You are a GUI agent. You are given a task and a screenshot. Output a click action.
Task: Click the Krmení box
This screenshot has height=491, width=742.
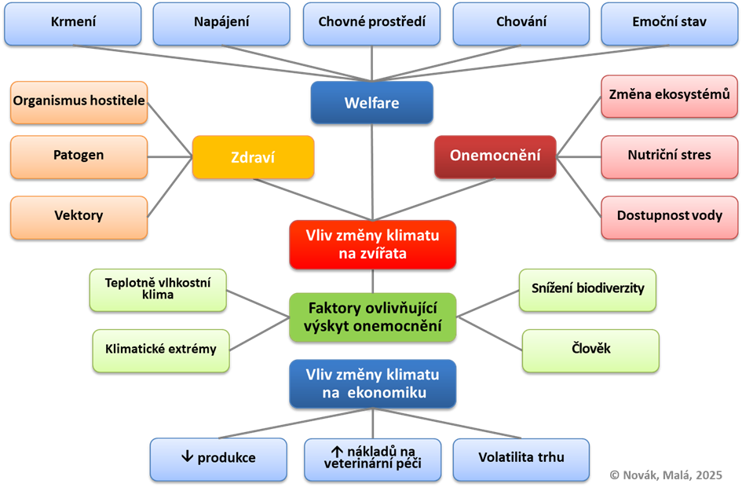(73, 23)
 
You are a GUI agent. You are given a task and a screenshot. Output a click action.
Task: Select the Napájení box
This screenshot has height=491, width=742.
(221, 23)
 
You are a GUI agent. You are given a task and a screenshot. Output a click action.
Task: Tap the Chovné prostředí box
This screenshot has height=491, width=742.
(372, 23)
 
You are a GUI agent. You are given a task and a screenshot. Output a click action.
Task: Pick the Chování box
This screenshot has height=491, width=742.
(521, 23)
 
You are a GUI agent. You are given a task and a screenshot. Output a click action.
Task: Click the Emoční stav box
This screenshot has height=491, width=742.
(669, 23)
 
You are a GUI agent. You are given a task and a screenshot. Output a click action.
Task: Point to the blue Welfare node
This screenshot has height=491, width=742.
(371, 103)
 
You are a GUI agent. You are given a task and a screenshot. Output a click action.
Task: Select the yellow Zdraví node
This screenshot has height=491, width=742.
(253, 156)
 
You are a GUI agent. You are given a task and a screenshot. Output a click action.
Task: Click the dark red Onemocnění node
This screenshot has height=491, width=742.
(495, 156)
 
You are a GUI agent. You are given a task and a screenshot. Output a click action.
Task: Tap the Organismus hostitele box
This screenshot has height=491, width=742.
(79, 102)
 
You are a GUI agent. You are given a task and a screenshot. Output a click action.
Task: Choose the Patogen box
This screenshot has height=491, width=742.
(79, 156)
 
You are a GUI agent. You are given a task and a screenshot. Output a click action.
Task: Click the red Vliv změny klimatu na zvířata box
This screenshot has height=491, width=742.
(372, 244)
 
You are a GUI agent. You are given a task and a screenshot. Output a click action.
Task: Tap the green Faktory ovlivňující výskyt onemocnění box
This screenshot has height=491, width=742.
(372, 317)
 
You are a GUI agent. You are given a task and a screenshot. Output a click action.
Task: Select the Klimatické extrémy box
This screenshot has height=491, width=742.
(161, 350)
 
